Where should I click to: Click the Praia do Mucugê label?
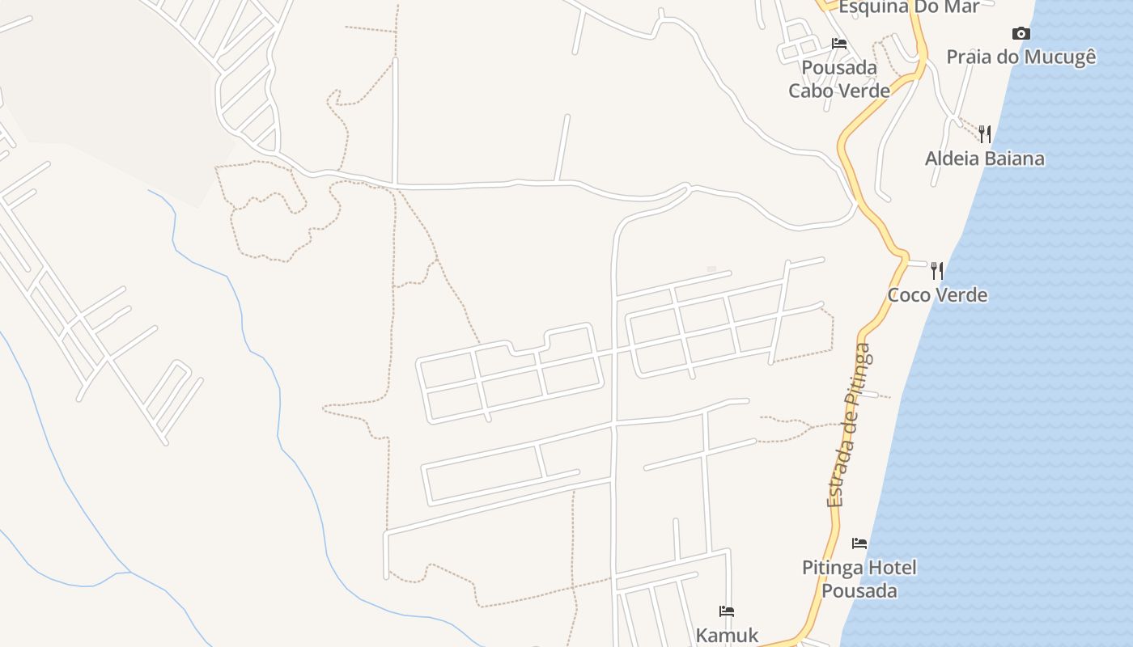(1021, 57)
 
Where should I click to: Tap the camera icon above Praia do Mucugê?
(1021, 33)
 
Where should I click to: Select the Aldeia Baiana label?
(984, 159)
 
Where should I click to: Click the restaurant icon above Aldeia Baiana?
(985, 133)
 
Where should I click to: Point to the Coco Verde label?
(937, 294)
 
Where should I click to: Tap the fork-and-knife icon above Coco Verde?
(937, 269)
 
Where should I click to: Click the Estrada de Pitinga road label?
(849, 425)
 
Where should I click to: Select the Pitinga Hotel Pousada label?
(859, 579)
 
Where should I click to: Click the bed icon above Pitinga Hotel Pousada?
(859, 543)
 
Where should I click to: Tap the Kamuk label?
(727, 636)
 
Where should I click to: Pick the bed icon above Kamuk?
(727, 611)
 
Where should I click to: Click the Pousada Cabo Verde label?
(839, 79)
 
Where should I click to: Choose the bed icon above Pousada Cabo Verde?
(839, 44)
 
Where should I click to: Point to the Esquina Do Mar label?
(909, 7)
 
